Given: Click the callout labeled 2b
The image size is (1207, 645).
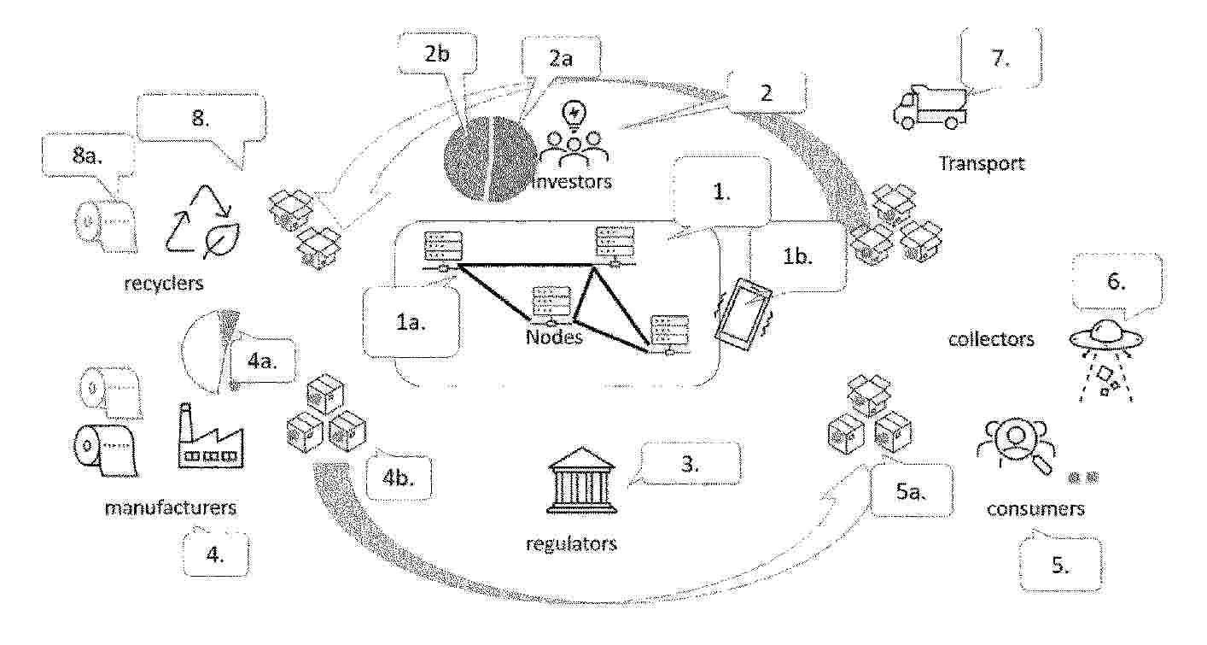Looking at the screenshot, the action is point(438,55).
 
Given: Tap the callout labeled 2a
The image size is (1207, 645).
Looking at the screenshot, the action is point(561,58).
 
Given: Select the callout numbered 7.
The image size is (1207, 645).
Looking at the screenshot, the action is point(1000,58).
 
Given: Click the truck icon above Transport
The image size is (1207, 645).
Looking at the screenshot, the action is point(930,108).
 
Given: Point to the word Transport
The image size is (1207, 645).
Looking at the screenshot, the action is point(982,163).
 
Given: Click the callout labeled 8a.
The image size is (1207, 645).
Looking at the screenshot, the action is point(88,156).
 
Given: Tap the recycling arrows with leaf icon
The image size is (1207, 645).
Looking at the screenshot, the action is point(202,221).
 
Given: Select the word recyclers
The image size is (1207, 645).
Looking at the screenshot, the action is point(164,284).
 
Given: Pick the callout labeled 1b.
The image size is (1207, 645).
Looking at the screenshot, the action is point(797,256).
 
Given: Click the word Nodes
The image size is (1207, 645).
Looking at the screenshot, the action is point(554,337).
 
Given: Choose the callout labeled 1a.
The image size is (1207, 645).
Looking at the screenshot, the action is point(411,323).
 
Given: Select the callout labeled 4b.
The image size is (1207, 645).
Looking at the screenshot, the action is point(399,478).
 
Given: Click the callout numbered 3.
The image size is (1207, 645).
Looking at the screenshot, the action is point(690,464).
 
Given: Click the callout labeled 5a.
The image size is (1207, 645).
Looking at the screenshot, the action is point(911,490).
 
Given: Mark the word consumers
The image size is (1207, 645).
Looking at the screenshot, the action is point(1035,509).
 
